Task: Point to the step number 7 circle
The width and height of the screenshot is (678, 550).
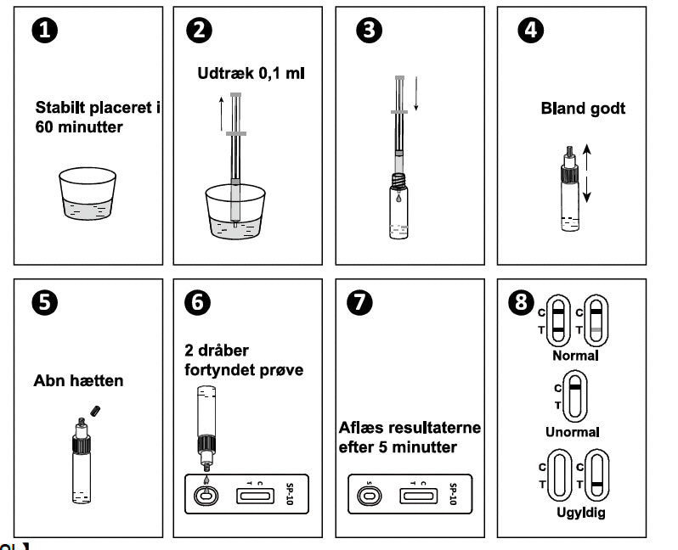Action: pos(361,302)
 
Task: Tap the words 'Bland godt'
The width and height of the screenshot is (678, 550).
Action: pos(583,109)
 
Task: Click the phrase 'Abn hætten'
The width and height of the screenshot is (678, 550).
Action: pos(78,381)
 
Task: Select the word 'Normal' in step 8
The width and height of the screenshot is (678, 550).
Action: pos(575,356)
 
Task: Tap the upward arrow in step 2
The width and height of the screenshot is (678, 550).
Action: pos(221,113)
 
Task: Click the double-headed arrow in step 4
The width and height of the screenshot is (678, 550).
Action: pos(586,172)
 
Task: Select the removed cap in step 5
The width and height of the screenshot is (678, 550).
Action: pos(96,412)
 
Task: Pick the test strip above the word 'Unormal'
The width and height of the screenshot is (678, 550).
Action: pos(576,396)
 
